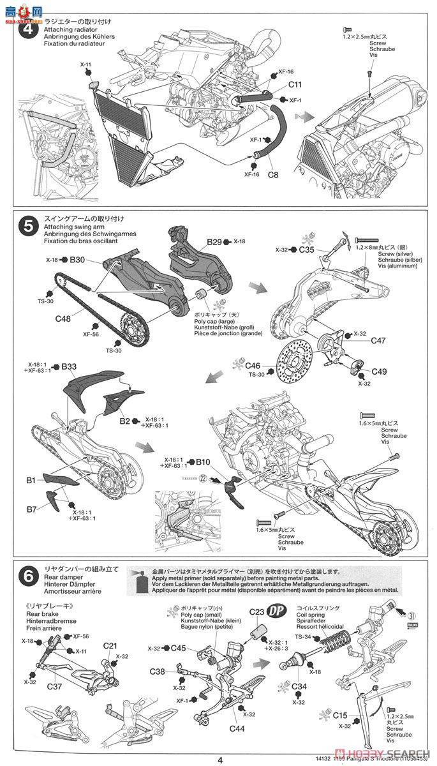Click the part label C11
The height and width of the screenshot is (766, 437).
pos(295,85)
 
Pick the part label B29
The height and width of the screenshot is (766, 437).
pos(214,242)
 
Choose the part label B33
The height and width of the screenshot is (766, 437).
pos(69,366)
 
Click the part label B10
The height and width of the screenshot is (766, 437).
pos(202,461)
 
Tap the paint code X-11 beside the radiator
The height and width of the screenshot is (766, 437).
pos(86,64)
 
